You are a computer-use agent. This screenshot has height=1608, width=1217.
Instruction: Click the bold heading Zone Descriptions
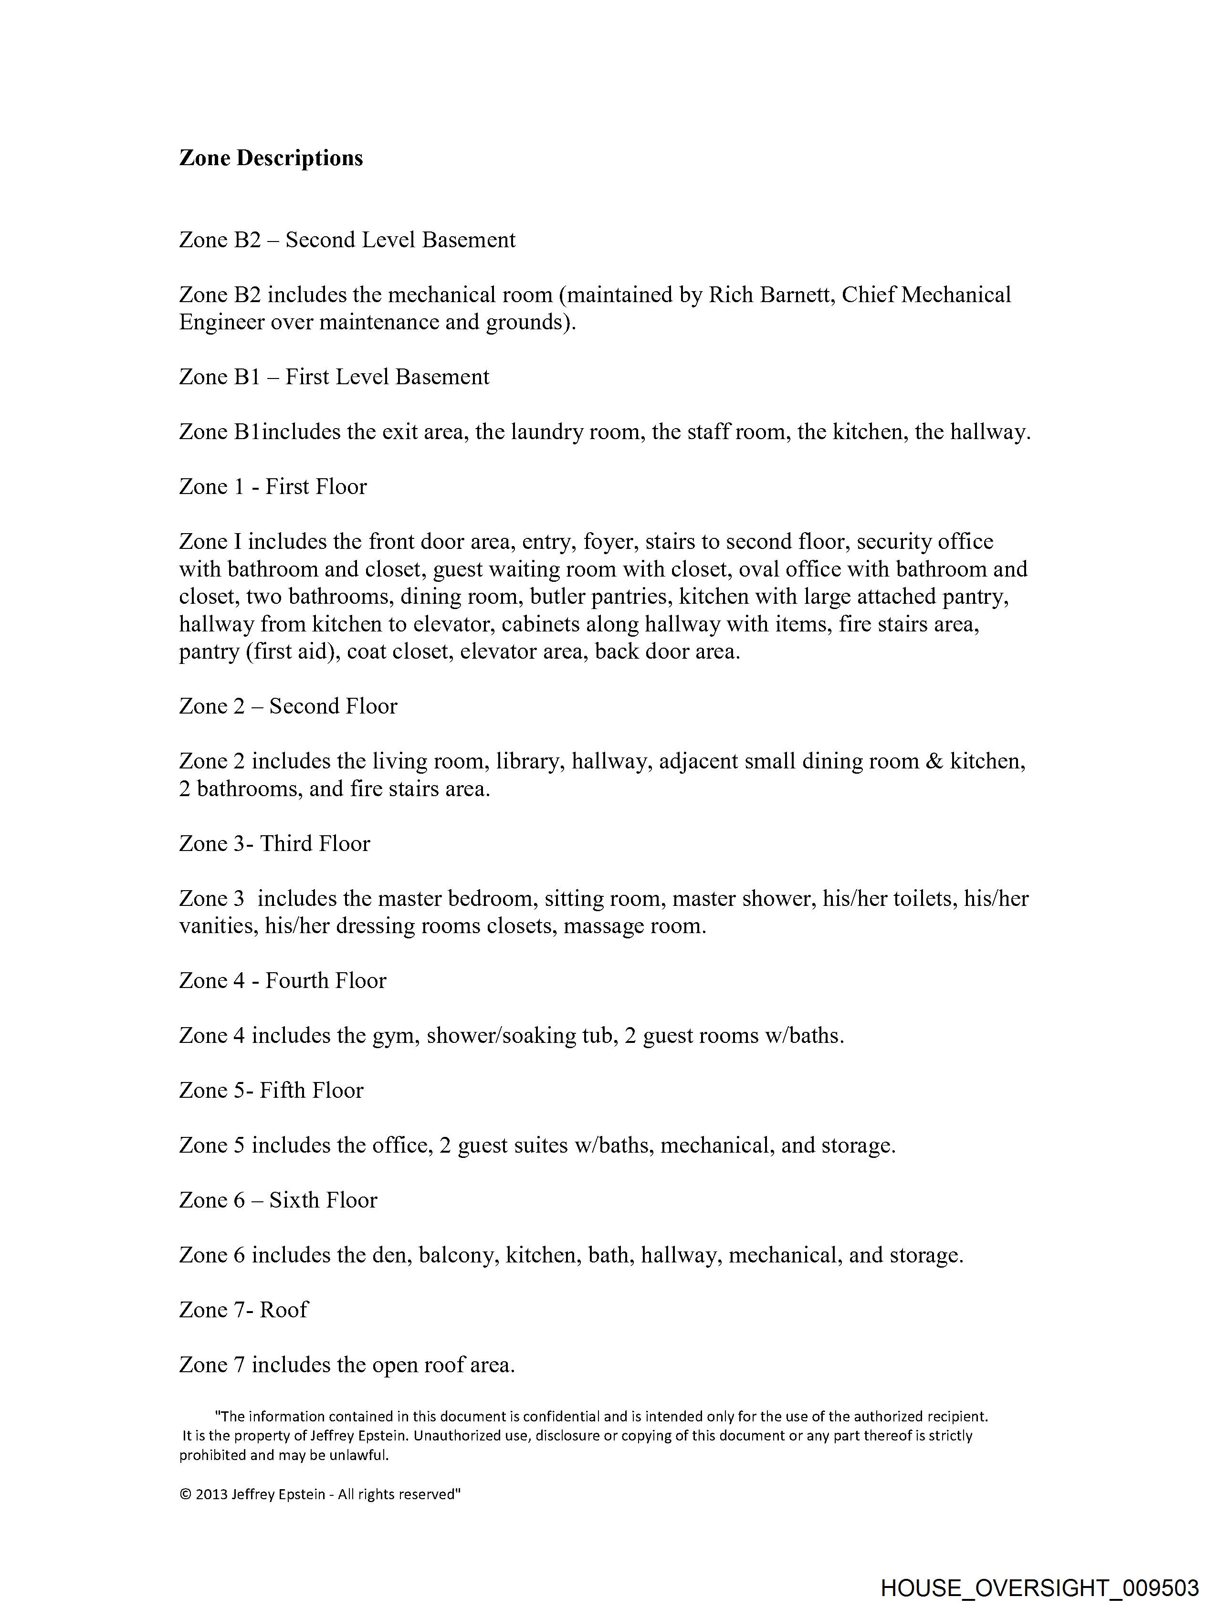(x=271, y=158)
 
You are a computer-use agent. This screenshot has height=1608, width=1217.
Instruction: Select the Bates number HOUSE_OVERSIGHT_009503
(x=1039, y=1587)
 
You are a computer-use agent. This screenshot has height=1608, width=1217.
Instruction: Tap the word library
(x=528, y=761)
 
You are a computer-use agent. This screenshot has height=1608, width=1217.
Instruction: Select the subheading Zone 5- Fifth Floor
(x=271, y=1091)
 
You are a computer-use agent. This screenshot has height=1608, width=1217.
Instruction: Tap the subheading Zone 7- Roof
(x=243, y=1310)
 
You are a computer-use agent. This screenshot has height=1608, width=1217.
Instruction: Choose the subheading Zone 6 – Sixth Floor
(x=278, y=1200)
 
